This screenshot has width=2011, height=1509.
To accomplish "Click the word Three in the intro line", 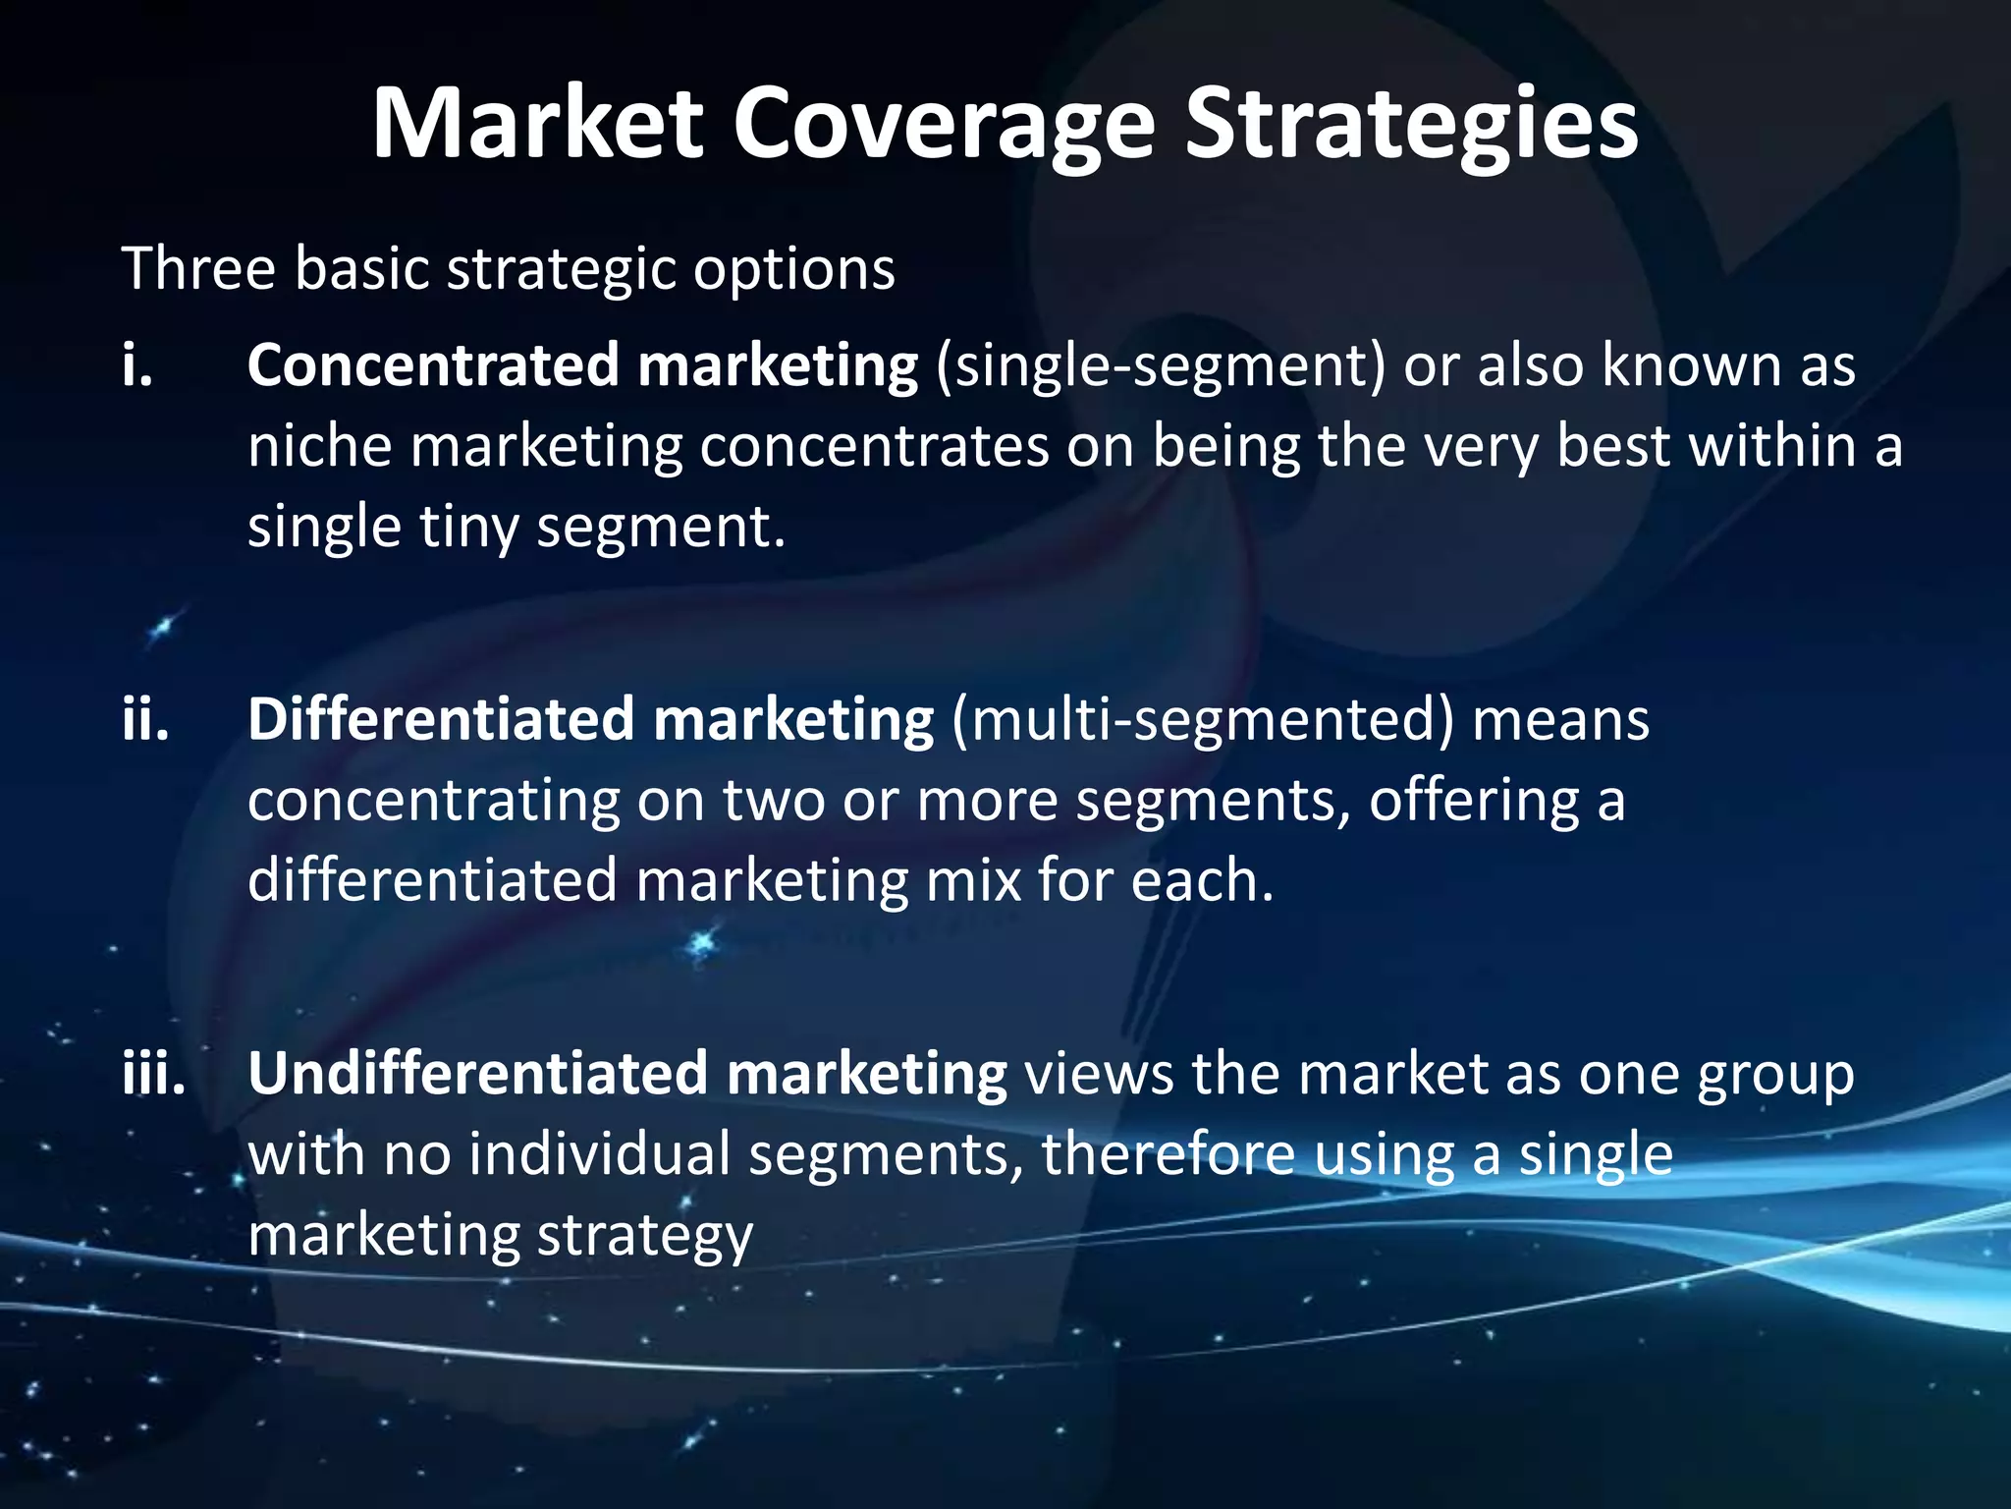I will pos(198,268).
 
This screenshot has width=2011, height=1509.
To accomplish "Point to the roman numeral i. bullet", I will pos(137,365).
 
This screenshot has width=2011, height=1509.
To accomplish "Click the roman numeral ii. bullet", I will pos(145,719).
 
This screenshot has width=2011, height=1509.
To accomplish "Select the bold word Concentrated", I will pos(433,365).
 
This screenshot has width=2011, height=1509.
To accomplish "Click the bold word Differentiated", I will pos(441,719).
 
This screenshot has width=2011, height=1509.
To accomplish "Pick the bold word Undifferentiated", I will pos(477,1073).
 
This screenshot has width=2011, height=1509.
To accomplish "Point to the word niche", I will pos(319,447).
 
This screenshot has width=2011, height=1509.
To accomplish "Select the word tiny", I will pos(468,528).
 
